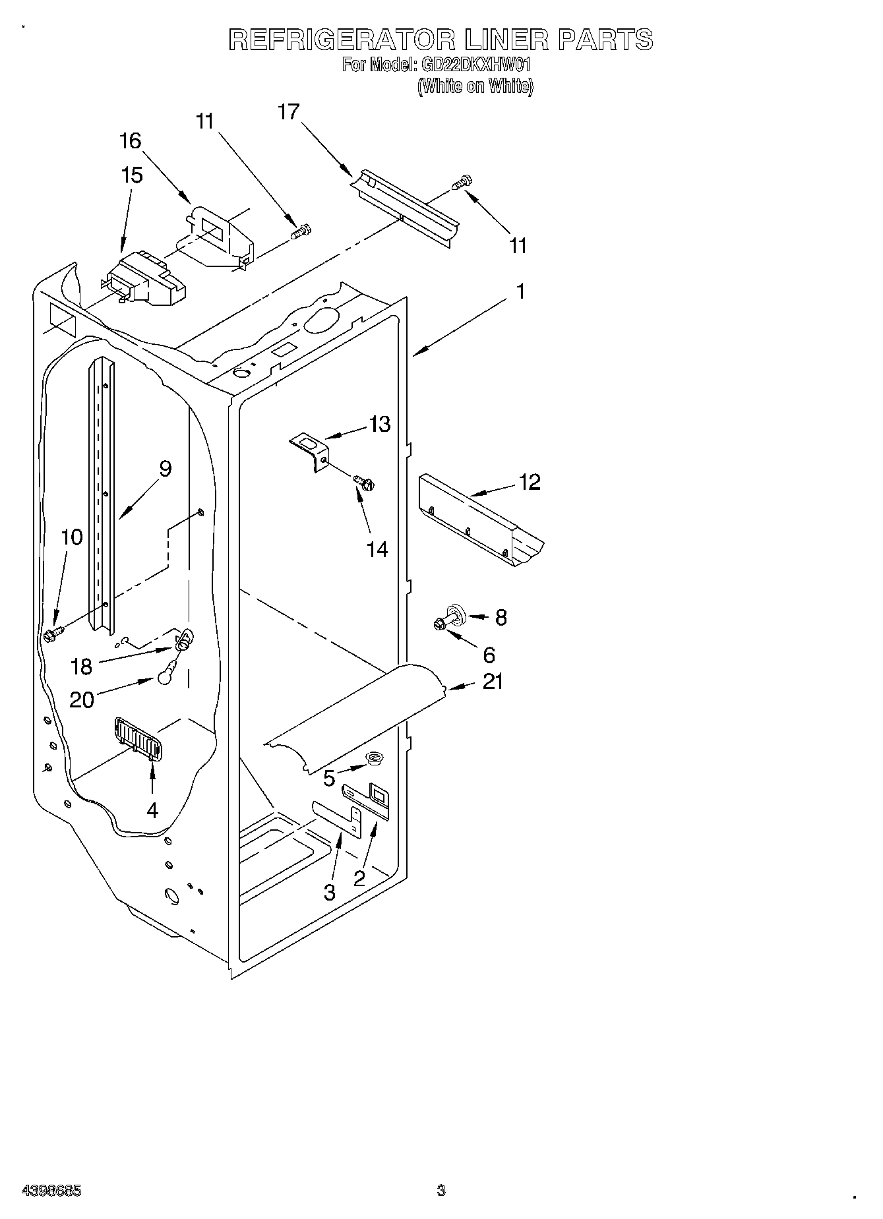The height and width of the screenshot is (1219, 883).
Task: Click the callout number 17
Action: (x=288, y=112)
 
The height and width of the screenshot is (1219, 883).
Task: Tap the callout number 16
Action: (x=131, y=140)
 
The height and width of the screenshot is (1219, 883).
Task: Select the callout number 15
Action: (x=131, y=175)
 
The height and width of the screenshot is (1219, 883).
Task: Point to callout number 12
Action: (x=530, y=482)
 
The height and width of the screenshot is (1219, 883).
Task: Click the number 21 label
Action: (x=493, y=681)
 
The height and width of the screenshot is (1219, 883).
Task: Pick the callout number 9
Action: (x=165, y=469)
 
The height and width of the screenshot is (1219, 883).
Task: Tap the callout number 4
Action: (x=152, y=810)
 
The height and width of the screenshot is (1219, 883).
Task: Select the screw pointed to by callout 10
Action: (x=51, y=635)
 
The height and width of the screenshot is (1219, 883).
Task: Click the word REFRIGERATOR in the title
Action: (x=341, y=40)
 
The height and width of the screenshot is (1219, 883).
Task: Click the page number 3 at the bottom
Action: (x=441, y=1191)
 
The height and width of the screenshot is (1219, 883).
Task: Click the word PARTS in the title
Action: (x=605, y=40)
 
